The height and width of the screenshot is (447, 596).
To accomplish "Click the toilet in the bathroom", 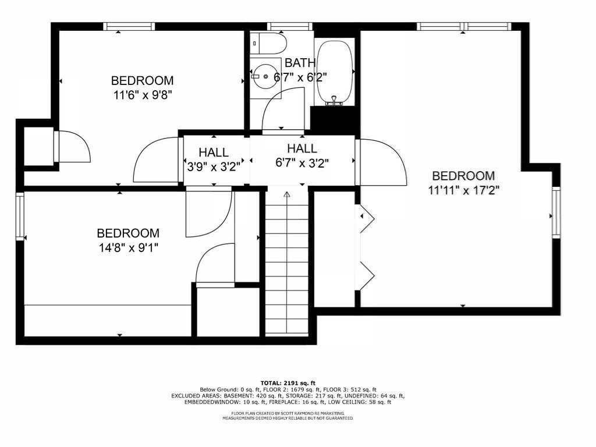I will point(271,44).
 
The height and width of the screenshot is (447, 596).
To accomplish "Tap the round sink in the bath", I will point(266,76).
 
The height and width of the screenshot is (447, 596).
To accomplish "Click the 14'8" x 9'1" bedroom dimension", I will point(128,247).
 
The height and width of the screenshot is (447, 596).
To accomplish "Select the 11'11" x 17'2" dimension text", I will point(463,189).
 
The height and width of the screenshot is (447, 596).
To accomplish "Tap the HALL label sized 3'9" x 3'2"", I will point(214,152).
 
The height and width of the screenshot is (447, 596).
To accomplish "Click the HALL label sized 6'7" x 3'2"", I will point(302,148).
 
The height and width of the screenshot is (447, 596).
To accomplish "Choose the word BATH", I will point(300,63).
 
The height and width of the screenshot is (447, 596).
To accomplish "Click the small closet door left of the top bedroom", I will point(73,147).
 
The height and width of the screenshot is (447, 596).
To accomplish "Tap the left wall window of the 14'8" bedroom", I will point(20,216).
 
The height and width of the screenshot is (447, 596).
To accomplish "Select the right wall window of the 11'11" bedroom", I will point(556,212).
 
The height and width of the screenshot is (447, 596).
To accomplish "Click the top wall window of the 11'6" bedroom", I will point(129,26).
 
